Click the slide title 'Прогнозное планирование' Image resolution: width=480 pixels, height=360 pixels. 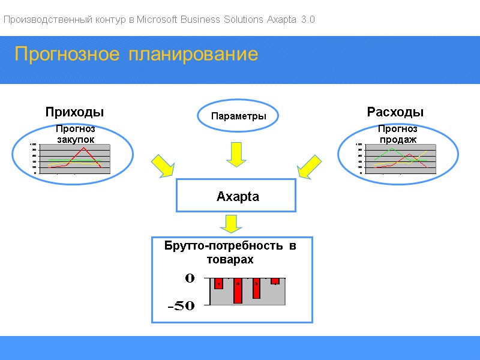coord(136,55)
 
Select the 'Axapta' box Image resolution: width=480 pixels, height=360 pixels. coord(236,196)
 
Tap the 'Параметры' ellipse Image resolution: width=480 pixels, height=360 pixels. coord(238,116)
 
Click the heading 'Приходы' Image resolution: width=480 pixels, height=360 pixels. coord(74,112)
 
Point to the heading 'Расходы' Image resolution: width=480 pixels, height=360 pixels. coord(395,112)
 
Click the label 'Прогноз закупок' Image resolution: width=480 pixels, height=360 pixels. coord(76,134)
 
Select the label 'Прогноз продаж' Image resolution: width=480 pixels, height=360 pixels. coord(397,134)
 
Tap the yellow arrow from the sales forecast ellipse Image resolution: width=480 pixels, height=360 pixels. coord(310,166)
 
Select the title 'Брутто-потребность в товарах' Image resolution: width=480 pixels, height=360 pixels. coord(230,253)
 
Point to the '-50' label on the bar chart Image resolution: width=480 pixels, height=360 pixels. coord(181,306)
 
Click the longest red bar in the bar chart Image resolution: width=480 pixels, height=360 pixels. coord(238,291)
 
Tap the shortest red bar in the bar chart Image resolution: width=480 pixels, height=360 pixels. coord(275,281)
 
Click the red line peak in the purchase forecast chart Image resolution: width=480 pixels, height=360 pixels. coord(84,148)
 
